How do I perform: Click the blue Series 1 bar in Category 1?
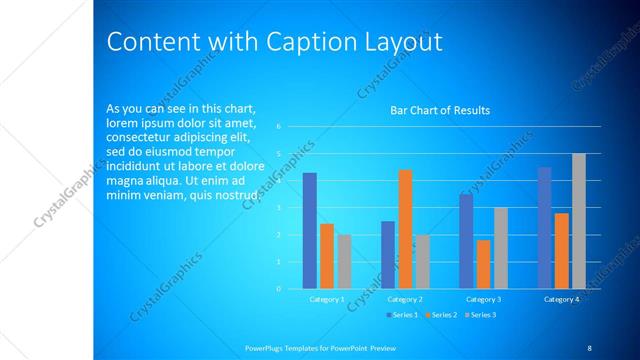point(310,231)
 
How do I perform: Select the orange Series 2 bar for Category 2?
point(405,229)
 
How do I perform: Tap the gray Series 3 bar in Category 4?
point(579,221)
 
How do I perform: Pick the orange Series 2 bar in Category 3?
point(483,264)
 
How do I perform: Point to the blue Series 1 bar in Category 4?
point(544,228)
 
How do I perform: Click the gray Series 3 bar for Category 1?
point(344,262)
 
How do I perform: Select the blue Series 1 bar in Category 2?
point(388,255)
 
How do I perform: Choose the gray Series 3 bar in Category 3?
point(501,248)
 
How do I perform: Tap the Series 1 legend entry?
point(403,315)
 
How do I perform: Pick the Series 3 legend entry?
point(481,315)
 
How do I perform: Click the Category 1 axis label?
point(326,299)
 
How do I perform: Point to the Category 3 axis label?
point(483,299)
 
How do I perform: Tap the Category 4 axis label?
point(561,299)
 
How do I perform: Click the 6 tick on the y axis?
point(279,127)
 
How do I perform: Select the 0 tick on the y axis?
point(279,289)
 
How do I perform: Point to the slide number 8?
point(589,347)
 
